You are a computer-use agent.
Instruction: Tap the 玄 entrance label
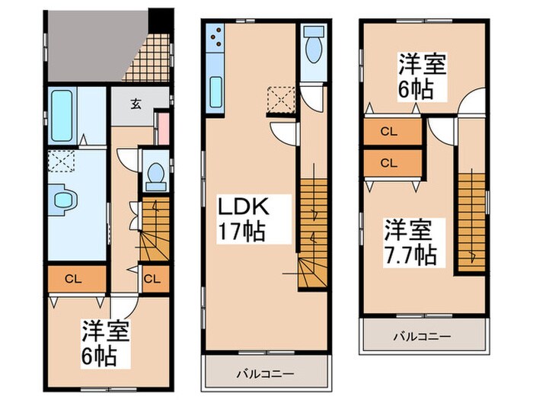click(x=135, y=104)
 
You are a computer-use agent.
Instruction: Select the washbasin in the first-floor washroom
click(x=62, y=200)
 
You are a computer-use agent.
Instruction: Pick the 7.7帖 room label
click(x=409, y=242)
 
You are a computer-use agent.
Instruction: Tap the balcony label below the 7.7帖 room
click(x=422, y=334)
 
